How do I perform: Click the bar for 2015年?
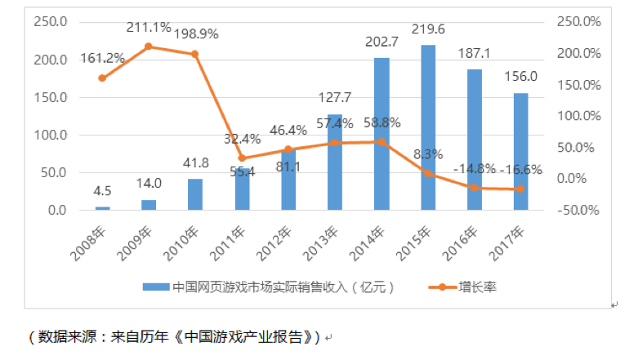pyautogui.click(x=428, y=128)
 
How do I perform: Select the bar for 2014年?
pyautogui.click(x=381, y=135)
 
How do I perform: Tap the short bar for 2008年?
pyautogui.click(x=102, y=208)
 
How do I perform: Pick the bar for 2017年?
pyautogui.click(x=521, y=152)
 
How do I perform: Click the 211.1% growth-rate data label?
pyautogui.click(x=149, y=29)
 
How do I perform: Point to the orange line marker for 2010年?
pyautogui.click(x=195, y=54)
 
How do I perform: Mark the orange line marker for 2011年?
pyautogui.click(x=242, y=158)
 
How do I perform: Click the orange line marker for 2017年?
pyautogui.click(x=521, y=189)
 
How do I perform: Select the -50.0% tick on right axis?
pyautogui.click(x=576, y=211)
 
